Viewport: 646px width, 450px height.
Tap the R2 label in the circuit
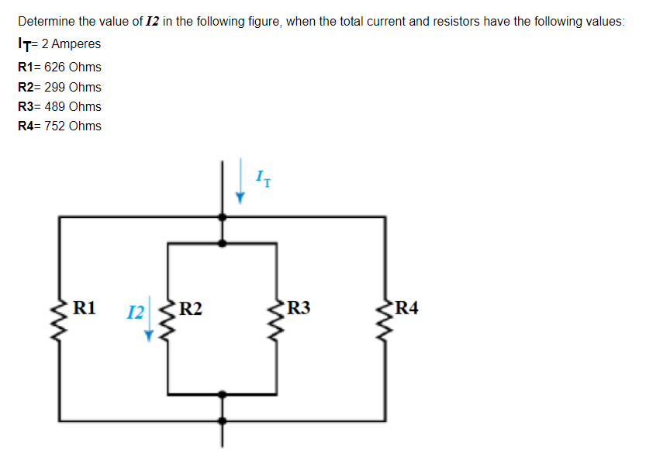[191, 309]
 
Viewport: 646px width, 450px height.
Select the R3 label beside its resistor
[299, 309]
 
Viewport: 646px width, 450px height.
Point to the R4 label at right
[406, 309]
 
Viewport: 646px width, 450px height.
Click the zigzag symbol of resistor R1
[60, 319]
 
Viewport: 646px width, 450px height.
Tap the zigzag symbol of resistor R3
[277, 320]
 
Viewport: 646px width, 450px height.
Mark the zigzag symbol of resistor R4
[384, 319]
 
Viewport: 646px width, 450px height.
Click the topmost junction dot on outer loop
[223, 218]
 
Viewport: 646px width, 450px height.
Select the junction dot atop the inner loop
[223, 243]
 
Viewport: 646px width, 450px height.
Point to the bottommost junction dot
[223, 421]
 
